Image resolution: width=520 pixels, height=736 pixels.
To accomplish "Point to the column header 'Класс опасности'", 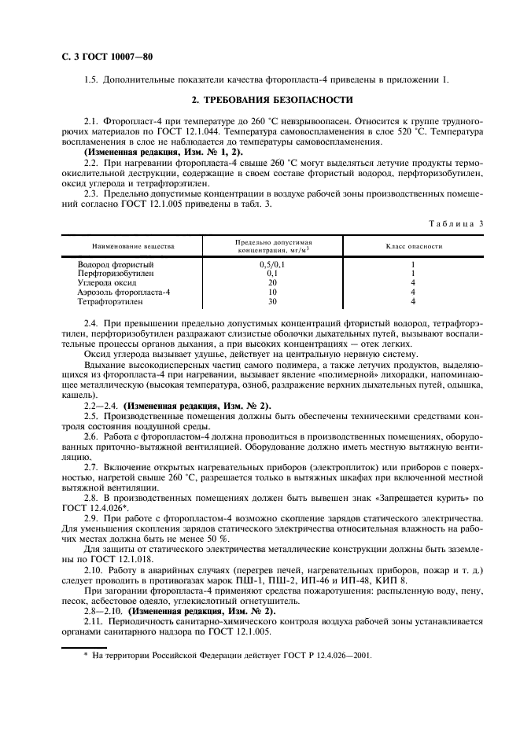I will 413,246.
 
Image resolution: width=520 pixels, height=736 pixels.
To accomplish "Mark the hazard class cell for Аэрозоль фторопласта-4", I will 413,291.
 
